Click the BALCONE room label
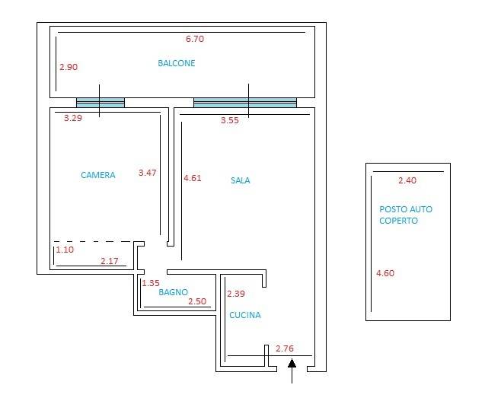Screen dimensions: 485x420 (177, 63)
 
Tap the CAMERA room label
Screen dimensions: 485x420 (98, 175)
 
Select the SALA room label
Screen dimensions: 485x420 (241, 180)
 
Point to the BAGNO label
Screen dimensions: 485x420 (174, 292)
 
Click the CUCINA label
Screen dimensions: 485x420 (245, 315)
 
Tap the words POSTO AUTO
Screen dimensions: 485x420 (406, 209)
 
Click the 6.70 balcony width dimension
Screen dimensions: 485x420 (195, 39)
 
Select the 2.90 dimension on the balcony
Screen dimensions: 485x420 (69, 67)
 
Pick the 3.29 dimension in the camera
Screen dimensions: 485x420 (73, 118)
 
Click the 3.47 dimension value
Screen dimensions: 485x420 (148, 173)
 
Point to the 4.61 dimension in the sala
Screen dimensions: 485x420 (193, 178)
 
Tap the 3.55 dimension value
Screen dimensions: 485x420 (230, 120)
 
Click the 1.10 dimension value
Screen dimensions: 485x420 (65, 250)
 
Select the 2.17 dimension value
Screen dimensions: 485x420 (110, 261)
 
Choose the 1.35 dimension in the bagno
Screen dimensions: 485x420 (151, 283)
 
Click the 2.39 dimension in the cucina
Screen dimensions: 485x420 (236, 294)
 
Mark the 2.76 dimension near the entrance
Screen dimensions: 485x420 (285, 348)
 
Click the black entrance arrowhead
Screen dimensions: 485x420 (292, 363)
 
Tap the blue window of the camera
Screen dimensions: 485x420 (101, 103)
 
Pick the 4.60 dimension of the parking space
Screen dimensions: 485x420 (385, 273)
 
